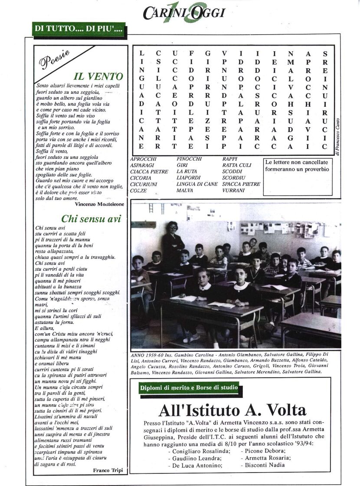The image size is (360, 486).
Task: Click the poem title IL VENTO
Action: pyautogui.click(x=98, y=77)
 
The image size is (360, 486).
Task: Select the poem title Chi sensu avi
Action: pyautogui.click(x=91, y=218)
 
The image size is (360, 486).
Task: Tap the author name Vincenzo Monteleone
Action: pyautogui.click(x=99, y=204)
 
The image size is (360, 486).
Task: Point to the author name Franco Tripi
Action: pyautogui.click(x=107, y=470)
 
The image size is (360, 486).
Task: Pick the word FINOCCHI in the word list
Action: pyautogui.click(x=189, y=159)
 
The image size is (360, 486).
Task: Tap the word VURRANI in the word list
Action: pyautogui.click(x=234, y=190)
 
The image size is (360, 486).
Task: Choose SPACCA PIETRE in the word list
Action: pyautogui.click(x=241, y=184)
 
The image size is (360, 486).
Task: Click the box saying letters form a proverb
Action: pyautogui.click(x=297, y=166)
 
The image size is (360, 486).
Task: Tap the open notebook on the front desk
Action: pyautogui.click(x=222, y=305)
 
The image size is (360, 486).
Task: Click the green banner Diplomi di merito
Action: pyautogui.click(x=189, y=387)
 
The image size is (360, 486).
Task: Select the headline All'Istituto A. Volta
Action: pyautogui.click(x=232, y=410)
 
